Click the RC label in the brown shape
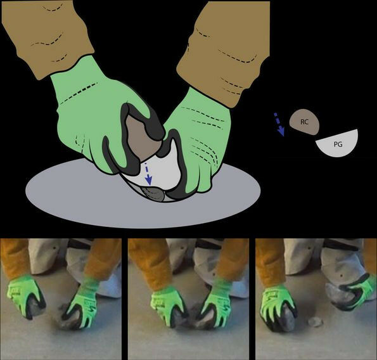[304, 122]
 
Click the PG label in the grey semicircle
[338, 145]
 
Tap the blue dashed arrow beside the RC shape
[279, 124]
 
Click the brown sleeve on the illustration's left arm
[47, 36]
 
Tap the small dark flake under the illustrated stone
[153, 193]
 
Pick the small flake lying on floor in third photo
[315, 322]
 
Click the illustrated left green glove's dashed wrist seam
[79, 93]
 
